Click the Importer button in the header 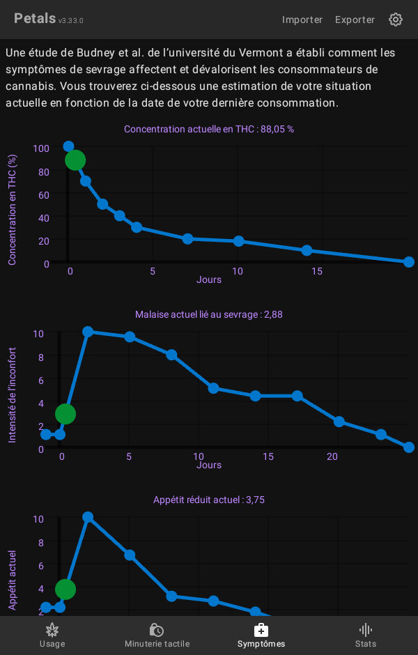(302, 20)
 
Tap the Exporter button (355, 20)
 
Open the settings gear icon (396, 20)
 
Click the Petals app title (35, 19)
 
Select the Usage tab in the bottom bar (52, 635)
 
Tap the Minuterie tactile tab (157, 635)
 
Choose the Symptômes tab (261, 635)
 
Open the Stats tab (365, 635)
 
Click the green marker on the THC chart (75, 160)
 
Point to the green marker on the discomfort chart (65, 415)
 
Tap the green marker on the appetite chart (65, 589)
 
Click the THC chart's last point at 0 (409, 262)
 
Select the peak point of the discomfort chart (88, 332)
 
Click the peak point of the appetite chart (88, 517)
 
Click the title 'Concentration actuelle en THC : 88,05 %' (209, 129)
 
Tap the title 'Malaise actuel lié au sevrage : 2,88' (209, 314)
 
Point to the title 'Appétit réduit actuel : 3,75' (209, 500)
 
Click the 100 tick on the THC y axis (41, 148)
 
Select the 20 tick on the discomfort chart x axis (332, 456)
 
